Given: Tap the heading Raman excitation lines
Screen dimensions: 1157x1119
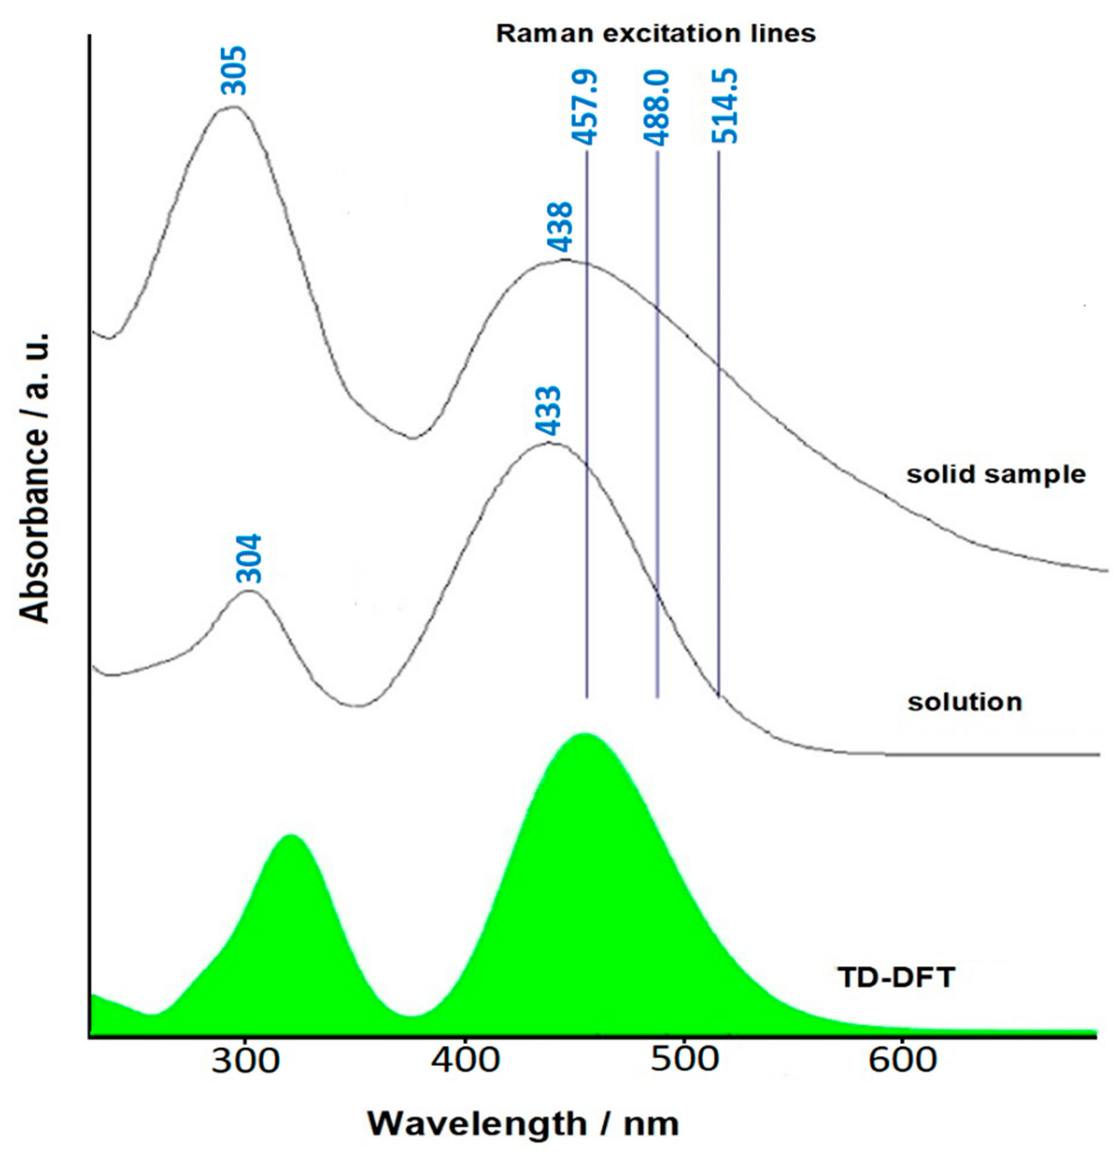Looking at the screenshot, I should (x=656, y=34).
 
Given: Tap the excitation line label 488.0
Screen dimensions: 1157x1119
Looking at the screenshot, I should (x=656, y=107).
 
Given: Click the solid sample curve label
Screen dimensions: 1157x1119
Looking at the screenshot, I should (x=996, y=474).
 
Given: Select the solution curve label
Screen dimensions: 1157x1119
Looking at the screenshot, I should (x=964, y=703).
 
